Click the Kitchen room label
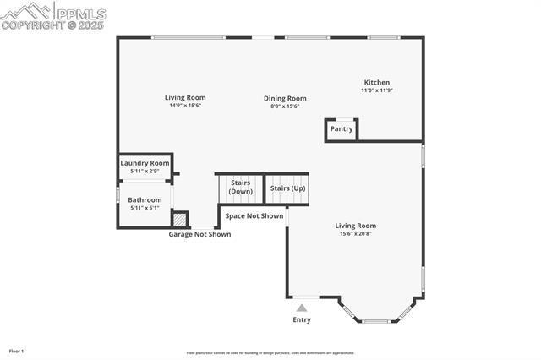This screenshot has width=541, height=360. [376, 82]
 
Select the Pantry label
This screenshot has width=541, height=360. [342, 129]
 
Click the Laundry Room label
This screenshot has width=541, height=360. [145, 163]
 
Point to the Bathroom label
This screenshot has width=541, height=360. [145, 200]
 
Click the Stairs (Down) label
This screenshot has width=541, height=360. [240, 187]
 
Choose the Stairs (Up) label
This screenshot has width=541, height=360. [287, 188]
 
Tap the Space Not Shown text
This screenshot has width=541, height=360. [254, 216]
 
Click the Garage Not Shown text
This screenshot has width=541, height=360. [199, 234]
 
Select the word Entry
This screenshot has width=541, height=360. [302, 319]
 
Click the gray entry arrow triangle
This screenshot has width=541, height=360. [302, 308]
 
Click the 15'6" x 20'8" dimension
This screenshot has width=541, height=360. [355, 234]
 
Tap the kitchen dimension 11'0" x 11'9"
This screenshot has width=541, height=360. [376, 90]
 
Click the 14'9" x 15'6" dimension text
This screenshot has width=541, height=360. [185, 106]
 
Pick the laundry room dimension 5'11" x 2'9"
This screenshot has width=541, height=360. [145, 172]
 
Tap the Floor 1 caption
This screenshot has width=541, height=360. [16, 351]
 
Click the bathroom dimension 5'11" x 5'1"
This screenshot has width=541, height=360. [145, 208]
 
